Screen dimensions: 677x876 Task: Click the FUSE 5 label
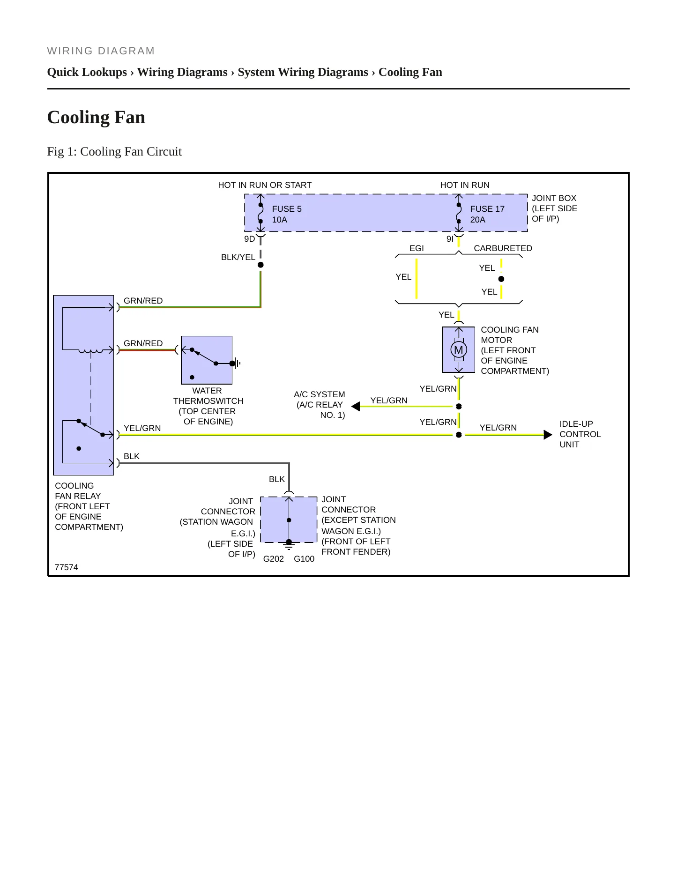click(287, 209)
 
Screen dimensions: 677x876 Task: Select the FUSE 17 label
click(487, 209)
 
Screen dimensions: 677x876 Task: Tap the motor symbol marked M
click(459, 349)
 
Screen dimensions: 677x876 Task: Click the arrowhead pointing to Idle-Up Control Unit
click(548, 435)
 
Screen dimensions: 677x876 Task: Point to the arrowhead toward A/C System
click(356, 406)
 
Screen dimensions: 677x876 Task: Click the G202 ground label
click(274, 559)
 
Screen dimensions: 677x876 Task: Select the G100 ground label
click(304, 559)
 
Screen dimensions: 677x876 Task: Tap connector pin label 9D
click(249, 239)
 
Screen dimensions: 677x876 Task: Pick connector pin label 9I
click(450, 239)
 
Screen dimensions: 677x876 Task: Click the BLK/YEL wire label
click(238, 257)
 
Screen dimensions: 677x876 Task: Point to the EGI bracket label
click(417, 248)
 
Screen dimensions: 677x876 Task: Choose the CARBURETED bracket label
click(503, 248)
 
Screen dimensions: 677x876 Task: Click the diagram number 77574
click(67, 567)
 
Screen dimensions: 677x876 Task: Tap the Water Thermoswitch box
click(207, 360)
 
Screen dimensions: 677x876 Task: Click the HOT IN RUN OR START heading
click(265, 185)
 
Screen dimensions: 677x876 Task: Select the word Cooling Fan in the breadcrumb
click(410, 72)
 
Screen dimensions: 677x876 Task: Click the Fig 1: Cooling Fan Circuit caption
click(114, 152)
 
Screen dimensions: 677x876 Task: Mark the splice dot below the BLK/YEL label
click(260, 265)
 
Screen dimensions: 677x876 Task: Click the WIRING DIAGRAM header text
click(101, 51)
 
